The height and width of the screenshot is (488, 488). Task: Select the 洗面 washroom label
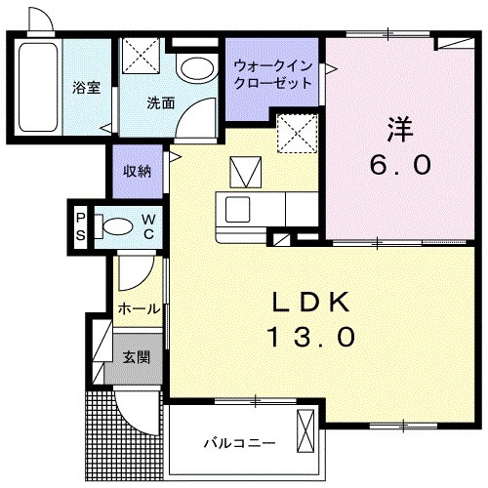click(x=160, y=103)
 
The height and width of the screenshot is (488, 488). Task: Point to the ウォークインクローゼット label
click(x=273, y=75)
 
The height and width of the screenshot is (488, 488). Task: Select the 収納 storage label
click(x=136, y=172)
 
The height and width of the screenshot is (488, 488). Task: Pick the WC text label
click(x=148, y=225)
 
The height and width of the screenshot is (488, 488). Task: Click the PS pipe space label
click(x=81, y=226)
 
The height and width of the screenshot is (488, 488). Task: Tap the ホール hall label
click(x=138, y=308)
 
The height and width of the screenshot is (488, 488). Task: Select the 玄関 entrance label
click(x=137, y=357)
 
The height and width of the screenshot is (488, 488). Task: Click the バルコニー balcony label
click(x=238, y=443)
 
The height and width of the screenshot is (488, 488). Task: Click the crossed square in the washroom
click(x=143, y=56)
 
